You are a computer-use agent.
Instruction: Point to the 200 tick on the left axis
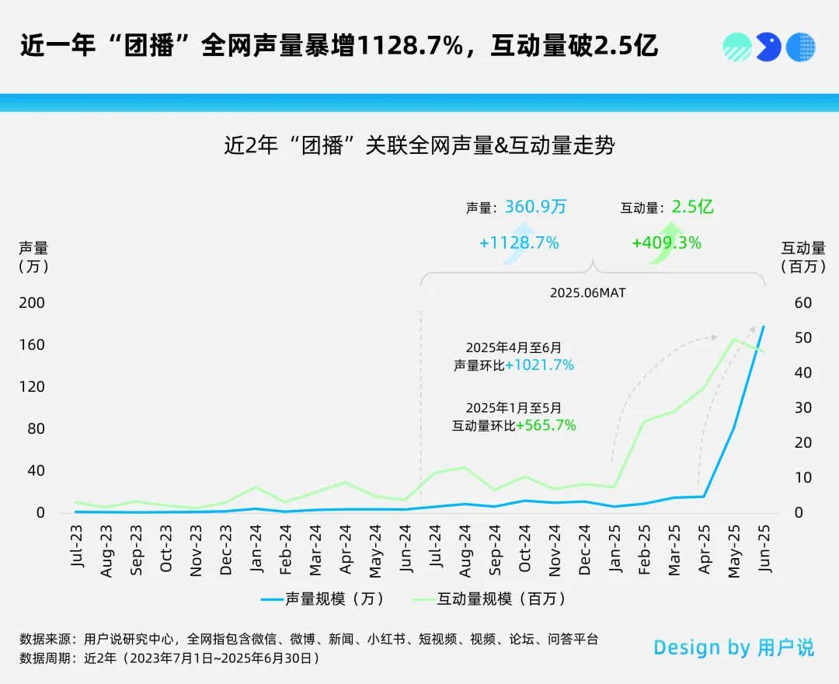(x=32, y=302)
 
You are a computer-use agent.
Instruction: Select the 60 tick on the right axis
(x=803, y=302)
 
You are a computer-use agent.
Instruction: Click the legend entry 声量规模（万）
(x=322, y=598)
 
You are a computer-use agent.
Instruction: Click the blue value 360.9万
(x=536, y=207)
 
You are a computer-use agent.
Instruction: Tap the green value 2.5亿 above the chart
(x=693, y=207)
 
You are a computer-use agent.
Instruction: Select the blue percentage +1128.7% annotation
(x=519, y=243)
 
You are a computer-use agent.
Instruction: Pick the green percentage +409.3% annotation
(x=667, y=243)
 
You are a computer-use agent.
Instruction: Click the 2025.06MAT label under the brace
(x=588, y=293)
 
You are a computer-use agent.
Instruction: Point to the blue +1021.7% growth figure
(x=539, y=365)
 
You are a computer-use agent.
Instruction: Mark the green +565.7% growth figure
(x=546, y=425)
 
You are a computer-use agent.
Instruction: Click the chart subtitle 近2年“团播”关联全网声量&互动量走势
(x=419, y=145)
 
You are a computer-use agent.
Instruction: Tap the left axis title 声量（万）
(x=33, y=256)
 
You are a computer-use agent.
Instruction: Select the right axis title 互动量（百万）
(x=803, y=256)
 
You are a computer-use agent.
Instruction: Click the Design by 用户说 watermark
(x=734, y=647)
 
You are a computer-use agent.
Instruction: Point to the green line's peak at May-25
(x=733, y=339)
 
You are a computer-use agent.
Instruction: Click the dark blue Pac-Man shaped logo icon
(x=768, y=47)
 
